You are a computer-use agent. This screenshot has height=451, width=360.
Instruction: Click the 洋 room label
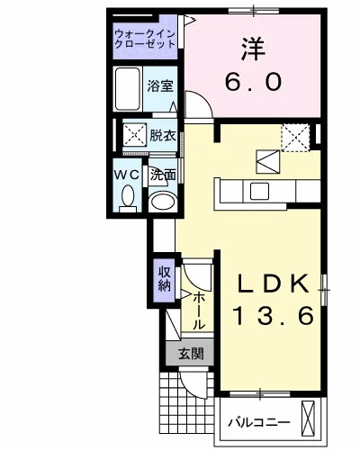click(253, 49)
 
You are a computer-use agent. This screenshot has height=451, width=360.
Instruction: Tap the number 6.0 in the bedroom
click(253, 82)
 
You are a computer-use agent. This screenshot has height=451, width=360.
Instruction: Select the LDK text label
click(274, 284)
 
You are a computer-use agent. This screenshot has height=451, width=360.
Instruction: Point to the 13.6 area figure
click(274, 316)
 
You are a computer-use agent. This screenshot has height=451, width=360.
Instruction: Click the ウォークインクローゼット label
click(145, 39)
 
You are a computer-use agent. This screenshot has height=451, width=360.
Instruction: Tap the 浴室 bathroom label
click(160, 86)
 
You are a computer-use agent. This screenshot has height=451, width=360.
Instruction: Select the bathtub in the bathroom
click(128, 89)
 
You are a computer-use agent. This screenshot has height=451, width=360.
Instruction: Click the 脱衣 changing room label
click(163, 137)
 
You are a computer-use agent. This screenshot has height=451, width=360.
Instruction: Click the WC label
click(127, 175)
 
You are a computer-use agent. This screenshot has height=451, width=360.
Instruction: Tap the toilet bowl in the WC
click(128, 198)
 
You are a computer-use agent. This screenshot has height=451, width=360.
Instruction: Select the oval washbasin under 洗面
click(163, 202)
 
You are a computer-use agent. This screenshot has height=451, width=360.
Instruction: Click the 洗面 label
click(163, 175)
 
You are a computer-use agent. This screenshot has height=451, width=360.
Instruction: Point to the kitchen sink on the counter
click(259, 191)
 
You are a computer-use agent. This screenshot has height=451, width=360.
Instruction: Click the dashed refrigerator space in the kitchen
click(295, 138)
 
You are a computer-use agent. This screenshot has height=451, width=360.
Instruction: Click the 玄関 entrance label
click(191, 354)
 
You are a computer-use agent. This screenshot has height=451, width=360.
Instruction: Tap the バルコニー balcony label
click(259, 423)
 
